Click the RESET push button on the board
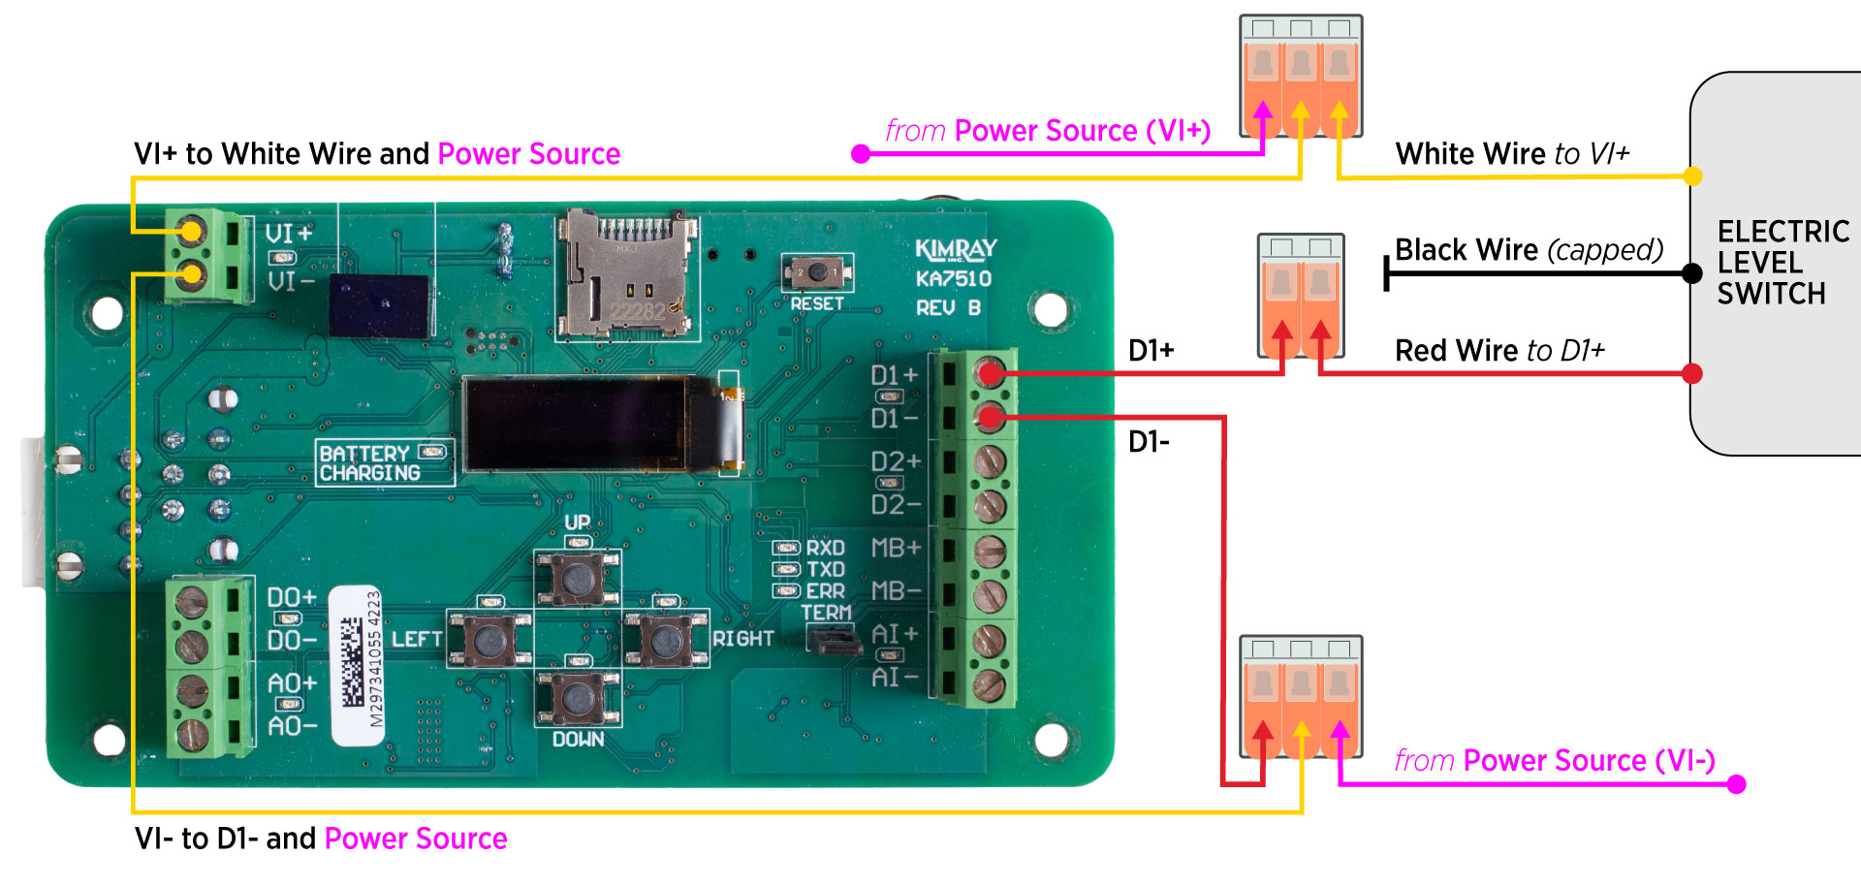pyautogui.click(x=818, y=272)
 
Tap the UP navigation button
pyautogui.click(x=578, y=580)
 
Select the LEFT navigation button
pyautogui.click(x=489, y=639)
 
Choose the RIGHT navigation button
pyautogui.click(x=666, y=639)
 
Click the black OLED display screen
pyautogui.click(x=591, y=424)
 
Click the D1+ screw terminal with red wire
pyautogui.click(x=990, y=372)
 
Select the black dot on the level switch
pyautogui.click(x=1691, y=273)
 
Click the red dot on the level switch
pyautogui.click(x=1692, y=373)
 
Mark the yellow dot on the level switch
pyautogui.click(x=1692, y=176)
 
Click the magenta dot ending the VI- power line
pyautogui.click(x=1736, y=783)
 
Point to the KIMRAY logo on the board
pyautogui.click(x=956, y=250)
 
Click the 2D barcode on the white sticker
pyautogui.click(x=353, y=663)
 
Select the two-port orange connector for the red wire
pyautogui.click(x=1301, y=296)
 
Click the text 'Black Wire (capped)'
pyautogui.click(x=1529, y=250)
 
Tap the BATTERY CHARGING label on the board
pyautogui.click(x=371, y=462)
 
